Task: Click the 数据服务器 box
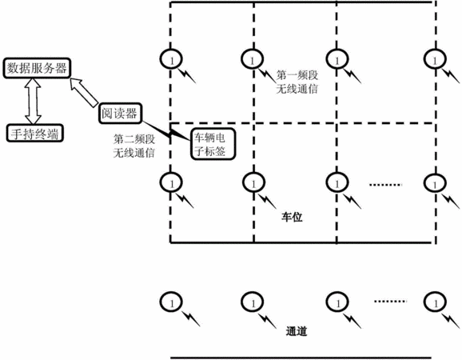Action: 37,68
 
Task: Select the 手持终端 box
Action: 34,134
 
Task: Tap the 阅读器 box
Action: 120,114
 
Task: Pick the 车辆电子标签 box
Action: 213,144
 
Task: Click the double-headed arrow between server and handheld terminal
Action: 33,101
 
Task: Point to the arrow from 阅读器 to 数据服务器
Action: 84,92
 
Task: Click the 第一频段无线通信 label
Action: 297,82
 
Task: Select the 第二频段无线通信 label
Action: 134,146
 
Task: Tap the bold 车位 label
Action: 292,218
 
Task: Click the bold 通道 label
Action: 297,331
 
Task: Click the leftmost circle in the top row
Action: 171,59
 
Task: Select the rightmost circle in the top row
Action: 435,59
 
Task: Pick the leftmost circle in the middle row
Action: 171,183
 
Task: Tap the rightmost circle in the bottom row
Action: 435,302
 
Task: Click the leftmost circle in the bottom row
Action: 171,302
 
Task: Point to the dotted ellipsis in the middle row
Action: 385,185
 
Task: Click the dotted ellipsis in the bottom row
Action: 390,301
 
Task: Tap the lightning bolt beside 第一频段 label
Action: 267,75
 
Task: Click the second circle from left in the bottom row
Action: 253,302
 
